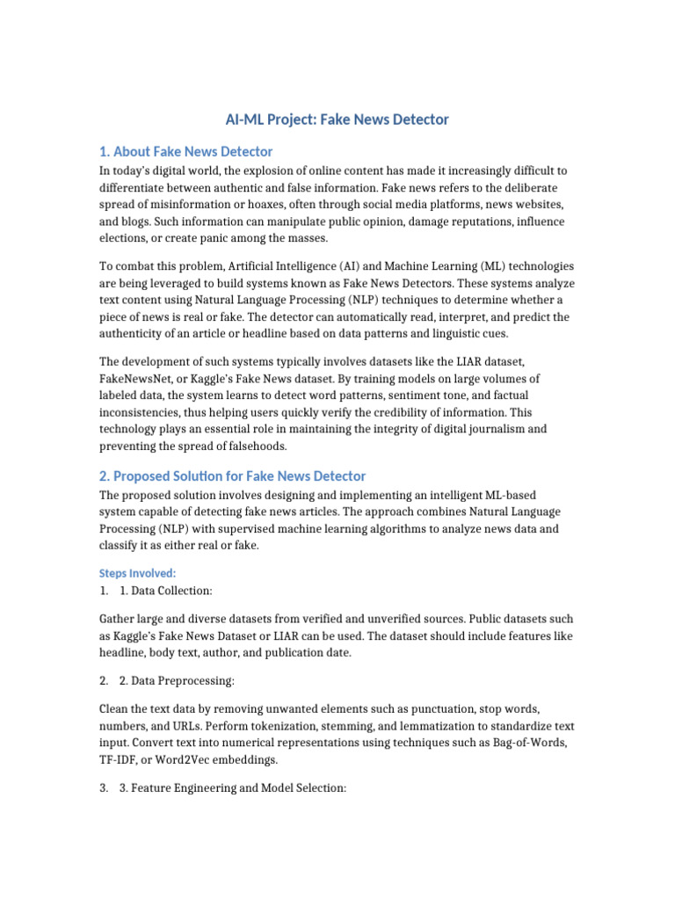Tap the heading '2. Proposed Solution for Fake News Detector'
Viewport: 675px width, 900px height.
point(232,475)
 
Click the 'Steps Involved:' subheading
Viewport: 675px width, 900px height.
point(138,573)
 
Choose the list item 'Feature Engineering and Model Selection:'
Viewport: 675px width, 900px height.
point(233,788)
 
